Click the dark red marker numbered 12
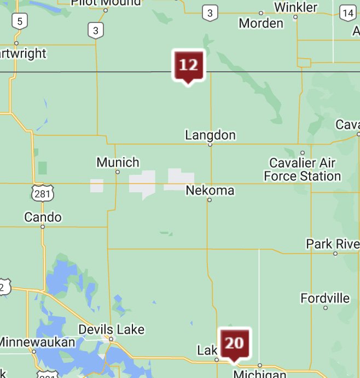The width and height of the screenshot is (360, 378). tap(188, 65)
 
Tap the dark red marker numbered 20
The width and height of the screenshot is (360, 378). tap(234, 343)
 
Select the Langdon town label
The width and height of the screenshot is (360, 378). tap(210, 135)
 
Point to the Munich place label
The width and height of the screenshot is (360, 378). tap(118, 162)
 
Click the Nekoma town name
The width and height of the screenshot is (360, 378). tap(210, 191)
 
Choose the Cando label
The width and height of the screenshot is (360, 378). tap(43, 217)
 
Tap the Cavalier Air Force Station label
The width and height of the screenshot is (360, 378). tap(303, 169)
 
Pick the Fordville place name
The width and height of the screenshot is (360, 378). tap(325, 298)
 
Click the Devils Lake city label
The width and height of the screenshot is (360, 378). tap(112, 329)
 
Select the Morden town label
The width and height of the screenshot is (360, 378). tap(261, 23)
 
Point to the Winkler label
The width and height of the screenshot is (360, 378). tap(295, 7)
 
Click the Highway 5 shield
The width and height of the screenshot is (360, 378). tap(20, 21)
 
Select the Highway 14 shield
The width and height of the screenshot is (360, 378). tap(347, 13)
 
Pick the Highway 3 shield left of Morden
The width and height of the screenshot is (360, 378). tap(209, 13)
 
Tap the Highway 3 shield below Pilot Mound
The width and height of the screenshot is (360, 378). tap(96, 31)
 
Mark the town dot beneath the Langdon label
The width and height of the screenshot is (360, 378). tap(210, 145)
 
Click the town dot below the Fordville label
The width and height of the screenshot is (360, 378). tap(326, 308)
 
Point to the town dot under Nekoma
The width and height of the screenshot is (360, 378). tap(209, 200)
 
